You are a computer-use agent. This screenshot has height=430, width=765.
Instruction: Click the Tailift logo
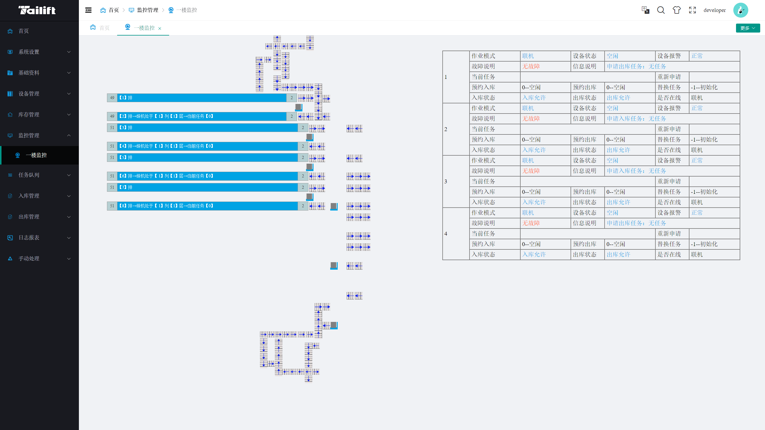(37, 10)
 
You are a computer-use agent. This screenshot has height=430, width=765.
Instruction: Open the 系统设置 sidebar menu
(39, 52)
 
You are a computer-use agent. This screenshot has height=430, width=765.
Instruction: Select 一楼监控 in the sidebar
(36, 155)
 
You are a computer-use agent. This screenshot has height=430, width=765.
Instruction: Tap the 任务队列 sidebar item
(39, 175)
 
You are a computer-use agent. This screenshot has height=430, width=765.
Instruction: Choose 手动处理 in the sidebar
(39, 259)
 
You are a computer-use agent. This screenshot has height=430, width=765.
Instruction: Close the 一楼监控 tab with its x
(160, 28)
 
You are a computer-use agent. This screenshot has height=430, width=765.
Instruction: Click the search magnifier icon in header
(661, 10)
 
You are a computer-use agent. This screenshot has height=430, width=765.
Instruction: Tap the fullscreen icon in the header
(692, 10)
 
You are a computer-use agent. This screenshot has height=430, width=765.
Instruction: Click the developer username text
(714, 10)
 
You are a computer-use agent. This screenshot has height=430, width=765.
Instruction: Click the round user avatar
(740, 10)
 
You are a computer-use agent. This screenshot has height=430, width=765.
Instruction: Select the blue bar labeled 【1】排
(202, 98)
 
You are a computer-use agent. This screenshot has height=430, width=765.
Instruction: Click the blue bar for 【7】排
(207, 187)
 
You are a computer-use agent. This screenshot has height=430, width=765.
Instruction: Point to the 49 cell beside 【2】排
(112, 116)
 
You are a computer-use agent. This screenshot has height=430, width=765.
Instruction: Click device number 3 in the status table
(446, 182)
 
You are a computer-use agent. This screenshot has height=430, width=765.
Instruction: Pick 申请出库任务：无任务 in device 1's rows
(636, 66)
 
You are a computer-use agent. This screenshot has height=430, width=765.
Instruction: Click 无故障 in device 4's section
(531, 223)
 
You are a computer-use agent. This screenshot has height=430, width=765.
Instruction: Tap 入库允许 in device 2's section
(534, 150)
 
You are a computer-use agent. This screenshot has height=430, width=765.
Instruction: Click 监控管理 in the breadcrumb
(148, 10)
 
